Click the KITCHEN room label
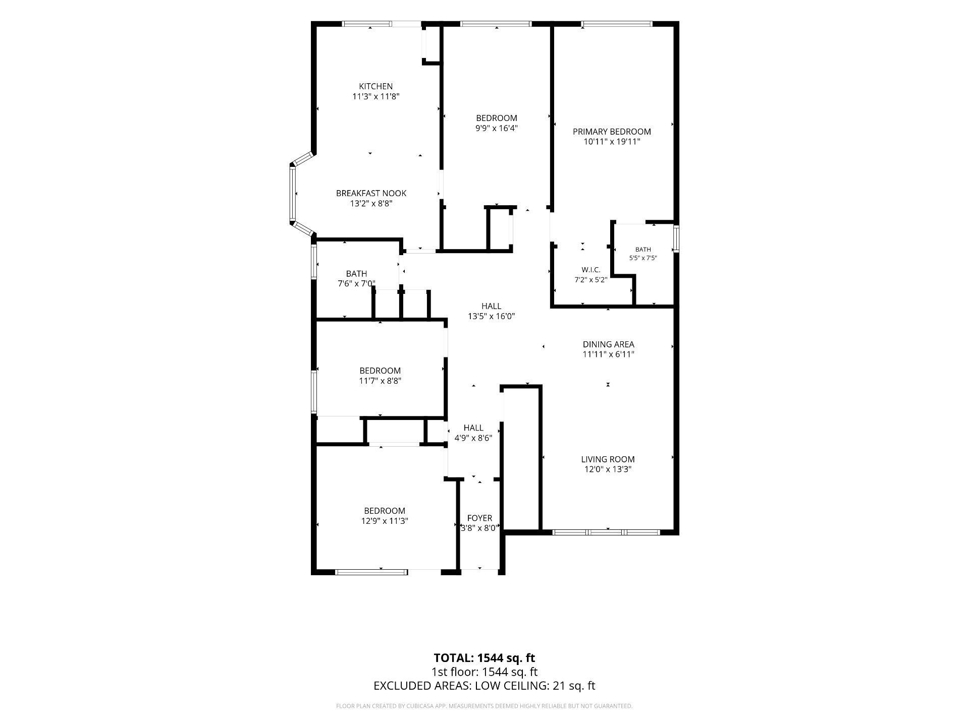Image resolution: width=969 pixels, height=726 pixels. point(375,86)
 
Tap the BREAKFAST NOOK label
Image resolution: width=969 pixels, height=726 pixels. point(371,193)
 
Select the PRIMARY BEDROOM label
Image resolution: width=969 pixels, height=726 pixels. point(612,132)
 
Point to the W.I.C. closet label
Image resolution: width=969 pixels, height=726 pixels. point(590,270)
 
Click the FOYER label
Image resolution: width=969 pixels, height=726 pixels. point(479,518)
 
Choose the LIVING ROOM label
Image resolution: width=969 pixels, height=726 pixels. point(608,459)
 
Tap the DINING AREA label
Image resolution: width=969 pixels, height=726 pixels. point(608,344)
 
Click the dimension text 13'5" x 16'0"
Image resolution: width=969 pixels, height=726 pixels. point(491,317)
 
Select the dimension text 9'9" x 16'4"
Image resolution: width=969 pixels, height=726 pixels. point(497,128)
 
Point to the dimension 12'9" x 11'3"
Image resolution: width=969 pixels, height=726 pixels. point(385,521)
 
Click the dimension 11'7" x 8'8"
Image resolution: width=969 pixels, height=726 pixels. point(380,381)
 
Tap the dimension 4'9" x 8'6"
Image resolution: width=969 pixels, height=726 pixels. point(473,438)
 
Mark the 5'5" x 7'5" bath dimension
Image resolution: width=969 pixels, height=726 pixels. point(643,258)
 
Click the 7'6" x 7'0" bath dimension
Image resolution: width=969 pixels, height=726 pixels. point(356,283)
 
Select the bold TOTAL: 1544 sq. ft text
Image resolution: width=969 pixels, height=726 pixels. point(484,658)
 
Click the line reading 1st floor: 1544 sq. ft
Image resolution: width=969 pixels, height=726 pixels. point(484,672)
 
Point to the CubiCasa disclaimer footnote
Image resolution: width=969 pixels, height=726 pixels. point(484,706)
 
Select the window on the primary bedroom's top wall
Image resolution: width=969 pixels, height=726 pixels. point(617,23)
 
